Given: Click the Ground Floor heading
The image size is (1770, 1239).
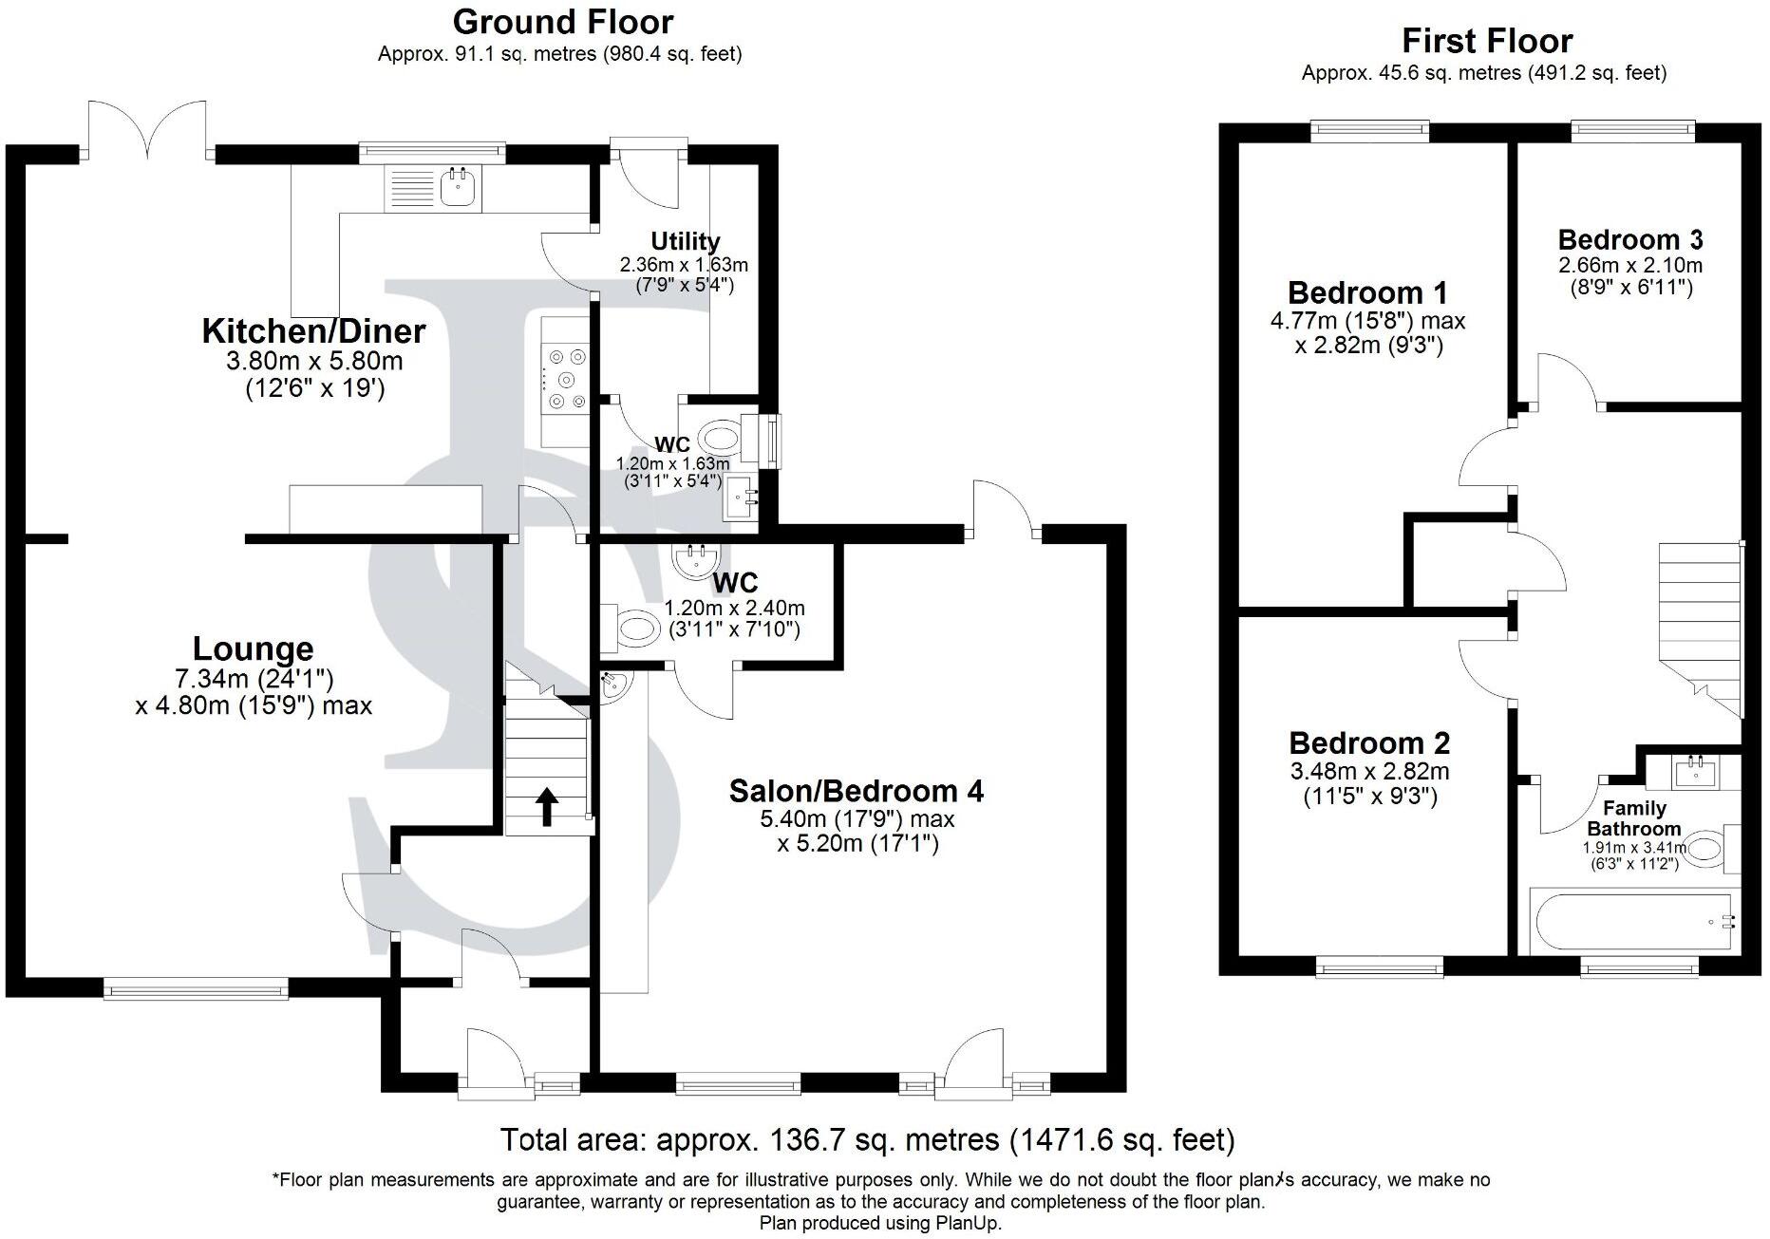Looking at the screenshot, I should click(562, 21).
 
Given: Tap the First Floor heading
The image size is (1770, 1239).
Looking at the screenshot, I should click(1487, 41).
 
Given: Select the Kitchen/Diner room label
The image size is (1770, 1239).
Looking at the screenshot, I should click(313, 331).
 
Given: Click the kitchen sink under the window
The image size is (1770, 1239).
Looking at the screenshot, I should click(459, 187).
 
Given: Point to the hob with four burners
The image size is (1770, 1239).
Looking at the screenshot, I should click(565, 379).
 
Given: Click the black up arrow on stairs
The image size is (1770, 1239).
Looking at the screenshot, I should click(547, 806).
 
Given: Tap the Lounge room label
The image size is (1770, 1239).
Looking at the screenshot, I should click(253, 648).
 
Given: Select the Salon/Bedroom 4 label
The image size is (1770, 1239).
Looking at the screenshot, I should click(856, 790).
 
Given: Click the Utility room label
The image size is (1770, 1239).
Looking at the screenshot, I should click(685, 241).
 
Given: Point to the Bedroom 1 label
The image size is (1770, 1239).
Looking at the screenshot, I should click(1367, 291).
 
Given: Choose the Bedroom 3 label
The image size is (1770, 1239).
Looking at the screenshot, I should click(1629, 239).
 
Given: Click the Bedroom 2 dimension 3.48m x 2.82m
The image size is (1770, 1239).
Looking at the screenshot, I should click(1369, 771).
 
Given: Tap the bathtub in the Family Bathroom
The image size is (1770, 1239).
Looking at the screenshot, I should click(1629, 922).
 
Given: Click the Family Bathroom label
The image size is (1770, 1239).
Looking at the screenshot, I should click(1634, 817).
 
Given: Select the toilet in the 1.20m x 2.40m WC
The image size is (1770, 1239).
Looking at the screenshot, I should click(632, 627).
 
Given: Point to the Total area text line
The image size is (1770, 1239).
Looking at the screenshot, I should click(867, 1138).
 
